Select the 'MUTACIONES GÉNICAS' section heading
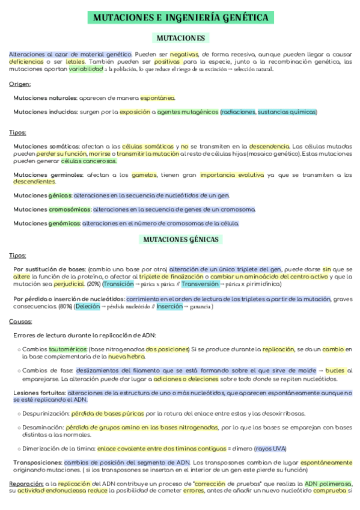(x=181, y=239)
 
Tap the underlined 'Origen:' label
(x=20, y=84)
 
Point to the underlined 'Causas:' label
(x=20, y=321)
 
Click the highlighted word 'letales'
(x=75, y=61)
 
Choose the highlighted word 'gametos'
(x=142, y=174)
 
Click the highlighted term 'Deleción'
(x=88, y=306)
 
